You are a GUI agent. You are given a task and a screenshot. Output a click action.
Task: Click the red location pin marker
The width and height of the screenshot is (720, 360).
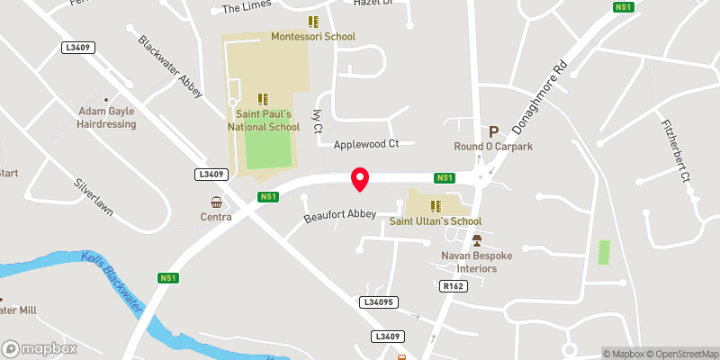[x=360, y=178]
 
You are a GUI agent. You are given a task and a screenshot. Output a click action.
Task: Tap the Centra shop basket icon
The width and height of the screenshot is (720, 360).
[x=216, y=202]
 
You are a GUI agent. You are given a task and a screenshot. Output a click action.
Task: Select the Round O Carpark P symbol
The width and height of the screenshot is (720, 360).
[x=492, y=131]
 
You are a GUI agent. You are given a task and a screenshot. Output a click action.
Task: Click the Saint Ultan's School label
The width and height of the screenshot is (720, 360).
[x=436, y=221]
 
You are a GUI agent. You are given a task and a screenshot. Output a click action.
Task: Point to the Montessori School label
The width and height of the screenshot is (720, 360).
[x=313, y=37]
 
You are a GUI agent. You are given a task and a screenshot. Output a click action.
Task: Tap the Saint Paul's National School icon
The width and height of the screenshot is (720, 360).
[x=263, y=99]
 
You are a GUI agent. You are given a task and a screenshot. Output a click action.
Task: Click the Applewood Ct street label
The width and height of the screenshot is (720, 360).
[x=365, y=144]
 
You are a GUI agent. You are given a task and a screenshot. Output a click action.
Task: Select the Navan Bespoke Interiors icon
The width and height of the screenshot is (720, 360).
[x=477, y=240]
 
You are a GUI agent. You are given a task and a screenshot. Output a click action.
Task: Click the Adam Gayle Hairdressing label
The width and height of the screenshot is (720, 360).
[x=106, y=117]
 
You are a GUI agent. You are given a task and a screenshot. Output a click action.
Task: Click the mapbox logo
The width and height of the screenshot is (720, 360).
[x=40, y=348]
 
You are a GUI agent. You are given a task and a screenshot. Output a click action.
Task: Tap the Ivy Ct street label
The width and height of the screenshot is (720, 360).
[x=317, y=121]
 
